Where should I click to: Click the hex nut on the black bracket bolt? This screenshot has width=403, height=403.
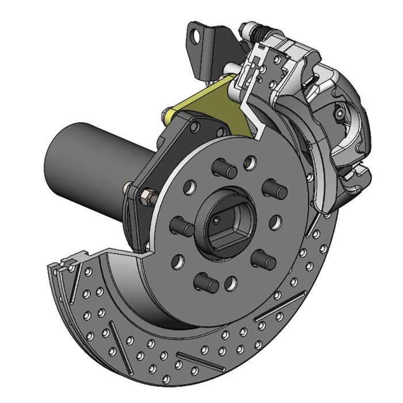tap(147, 198)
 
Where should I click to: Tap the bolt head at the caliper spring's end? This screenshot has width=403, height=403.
tap(246, 27)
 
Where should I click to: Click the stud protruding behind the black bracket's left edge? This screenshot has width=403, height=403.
tap(127, 187)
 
